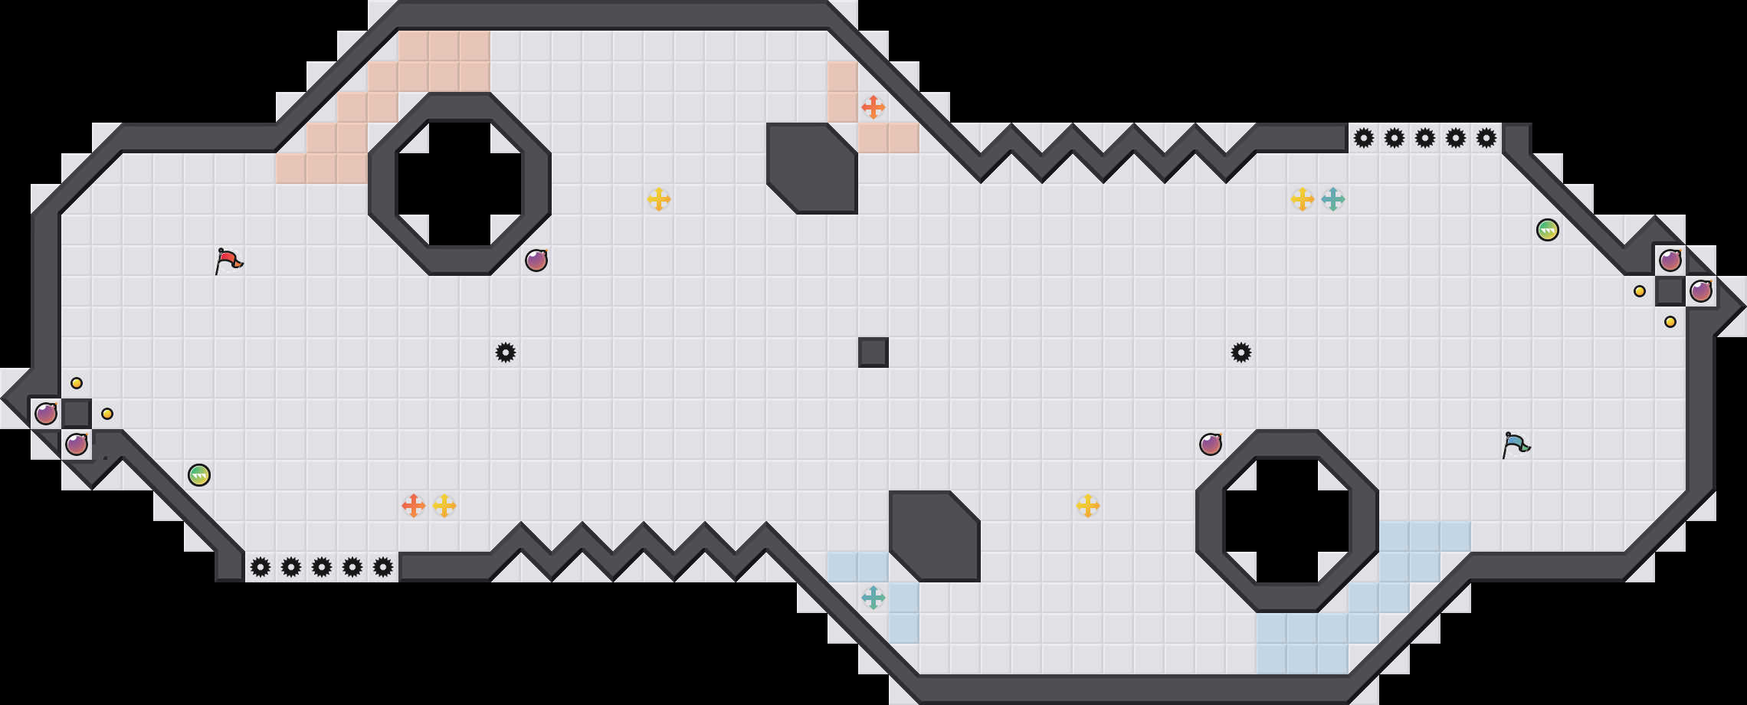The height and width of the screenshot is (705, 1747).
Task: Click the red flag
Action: pos(228,261)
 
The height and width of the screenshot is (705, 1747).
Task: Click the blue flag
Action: pos(1516,444)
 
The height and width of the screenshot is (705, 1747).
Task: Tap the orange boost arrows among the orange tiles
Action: pos(873,107)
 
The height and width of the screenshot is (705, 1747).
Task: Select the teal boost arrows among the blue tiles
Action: pos(873,598)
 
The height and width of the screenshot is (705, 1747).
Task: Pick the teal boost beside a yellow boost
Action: pos(1332,199)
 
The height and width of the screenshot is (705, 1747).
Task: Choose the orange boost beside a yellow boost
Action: pos(413,506)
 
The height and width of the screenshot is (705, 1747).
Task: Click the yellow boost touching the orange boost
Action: pos(444,506)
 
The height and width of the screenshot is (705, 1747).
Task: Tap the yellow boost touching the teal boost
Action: pos(1302,199)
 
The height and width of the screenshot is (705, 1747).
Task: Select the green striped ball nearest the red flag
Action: pos(199,475)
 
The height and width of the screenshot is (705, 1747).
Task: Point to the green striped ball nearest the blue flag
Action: pos(1547,230)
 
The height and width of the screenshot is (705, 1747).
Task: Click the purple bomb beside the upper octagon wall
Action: pos(536,261)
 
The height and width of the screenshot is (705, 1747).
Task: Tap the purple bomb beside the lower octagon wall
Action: pos(1211,444)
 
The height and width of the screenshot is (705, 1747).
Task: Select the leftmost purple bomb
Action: pos(46,414)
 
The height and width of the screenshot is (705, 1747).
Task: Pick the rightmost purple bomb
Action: pos(1701,291)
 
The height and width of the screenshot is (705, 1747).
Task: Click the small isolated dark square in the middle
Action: pos(873,352)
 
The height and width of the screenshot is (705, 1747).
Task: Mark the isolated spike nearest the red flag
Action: pos(506,352)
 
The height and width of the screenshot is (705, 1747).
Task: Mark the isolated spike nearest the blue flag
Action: pos(1241,352)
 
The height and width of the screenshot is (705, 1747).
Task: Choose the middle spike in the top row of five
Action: pos(1424,138)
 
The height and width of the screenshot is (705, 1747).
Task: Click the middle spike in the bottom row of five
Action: pos(322,567)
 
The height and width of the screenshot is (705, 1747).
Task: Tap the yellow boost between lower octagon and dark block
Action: pos(1087,506)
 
